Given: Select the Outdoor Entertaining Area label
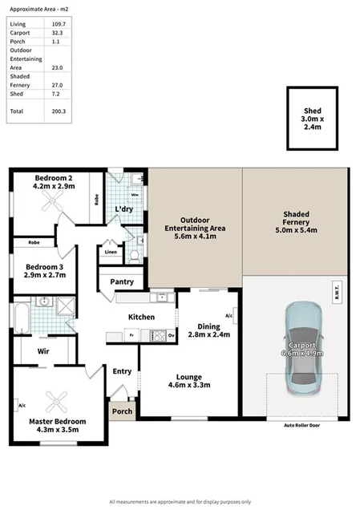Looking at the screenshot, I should tap(195, 224).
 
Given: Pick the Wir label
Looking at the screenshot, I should tap(44, 350).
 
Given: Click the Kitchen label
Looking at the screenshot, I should tap(141, 317).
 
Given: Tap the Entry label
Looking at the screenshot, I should tap(122, 370).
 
